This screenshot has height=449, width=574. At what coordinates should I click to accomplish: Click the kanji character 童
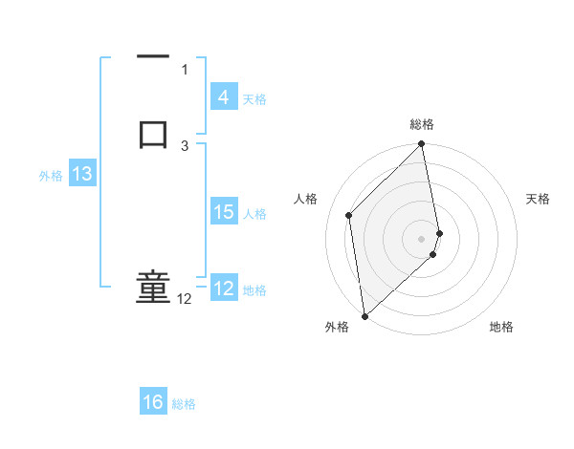click(153, 288)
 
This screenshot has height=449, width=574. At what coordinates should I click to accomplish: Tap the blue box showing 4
click(223, 96)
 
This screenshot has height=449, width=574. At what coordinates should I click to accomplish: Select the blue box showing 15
click(224, 212)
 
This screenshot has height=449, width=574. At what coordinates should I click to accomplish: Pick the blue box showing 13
click(82, 174)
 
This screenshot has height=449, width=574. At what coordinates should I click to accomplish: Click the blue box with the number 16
click(153, 402)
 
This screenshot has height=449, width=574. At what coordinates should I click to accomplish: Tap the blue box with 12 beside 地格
click(224, 288)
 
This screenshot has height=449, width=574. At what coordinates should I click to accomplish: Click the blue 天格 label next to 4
click(254, 98)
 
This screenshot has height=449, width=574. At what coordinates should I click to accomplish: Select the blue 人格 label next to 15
click(255, 213)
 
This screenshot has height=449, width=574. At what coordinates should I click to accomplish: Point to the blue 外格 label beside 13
click(51, 175)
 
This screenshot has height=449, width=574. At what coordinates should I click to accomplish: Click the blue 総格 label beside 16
click(184, 404)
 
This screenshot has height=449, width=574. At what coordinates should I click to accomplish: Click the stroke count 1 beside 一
click(185, 69)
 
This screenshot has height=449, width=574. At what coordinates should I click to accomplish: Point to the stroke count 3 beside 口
click(185, 145)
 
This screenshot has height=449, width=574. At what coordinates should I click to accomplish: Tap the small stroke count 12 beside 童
click(184, 299)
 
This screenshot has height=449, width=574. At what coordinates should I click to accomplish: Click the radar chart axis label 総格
click(422, 124)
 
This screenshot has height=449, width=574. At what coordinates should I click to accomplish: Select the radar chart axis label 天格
click(538, 199)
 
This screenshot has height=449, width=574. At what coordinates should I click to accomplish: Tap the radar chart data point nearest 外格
click(364, 315)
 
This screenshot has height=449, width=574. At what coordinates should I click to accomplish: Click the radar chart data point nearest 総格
click(422, 145)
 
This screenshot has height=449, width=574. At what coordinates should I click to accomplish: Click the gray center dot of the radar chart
click(422, 238)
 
